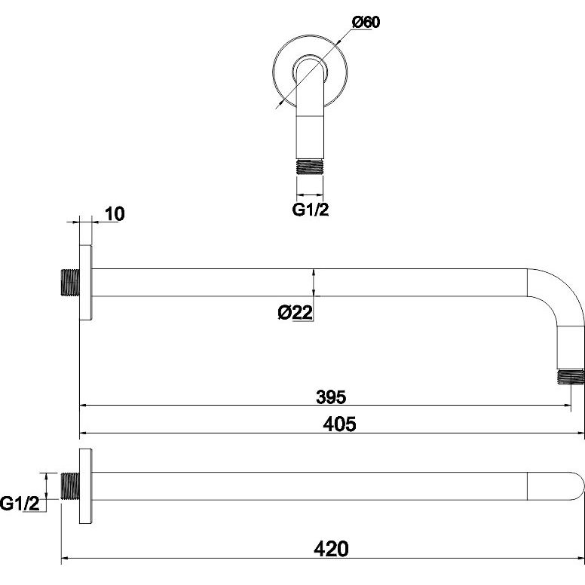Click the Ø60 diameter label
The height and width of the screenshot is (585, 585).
pos(366,23)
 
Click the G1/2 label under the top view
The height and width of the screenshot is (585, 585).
pos(311,210)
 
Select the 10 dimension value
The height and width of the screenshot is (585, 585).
pos(114,213)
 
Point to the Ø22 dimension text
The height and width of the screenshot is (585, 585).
pos(295,312)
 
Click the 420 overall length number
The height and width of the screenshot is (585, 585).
pos(331,550)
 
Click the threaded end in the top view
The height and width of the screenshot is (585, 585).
pos(309,165)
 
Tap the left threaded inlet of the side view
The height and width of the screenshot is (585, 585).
pos(69,282)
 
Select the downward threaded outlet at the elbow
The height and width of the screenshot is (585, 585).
pos(570,376)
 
